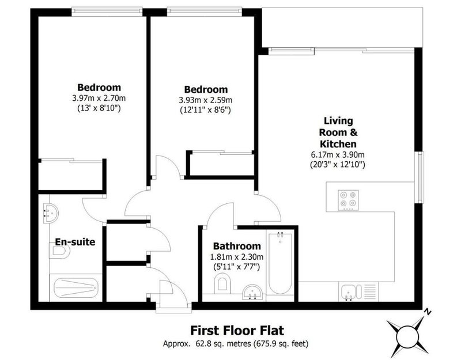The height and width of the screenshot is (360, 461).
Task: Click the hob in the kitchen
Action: tap(348, 200)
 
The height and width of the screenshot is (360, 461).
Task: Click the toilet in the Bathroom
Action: tap(222, 283)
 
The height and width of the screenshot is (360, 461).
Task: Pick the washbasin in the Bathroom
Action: tap(253, 292)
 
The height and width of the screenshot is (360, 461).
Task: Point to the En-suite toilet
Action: tap(60, 252)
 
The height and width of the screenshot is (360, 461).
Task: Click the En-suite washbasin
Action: tap(51, 213)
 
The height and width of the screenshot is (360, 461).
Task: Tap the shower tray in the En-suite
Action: tap(76, 287)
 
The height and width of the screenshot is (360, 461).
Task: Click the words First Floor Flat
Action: tap(237, 330)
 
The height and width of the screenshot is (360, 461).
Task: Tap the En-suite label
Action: tap(75, 242)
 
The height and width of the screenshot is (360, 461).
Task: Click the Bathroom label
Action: tap(237, 246)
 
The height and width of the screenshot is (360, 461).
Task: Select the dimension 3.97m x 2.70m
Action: tap(99, 98)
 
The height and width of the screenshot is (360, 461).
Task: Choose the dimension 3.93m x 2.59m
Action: tap(206, 100)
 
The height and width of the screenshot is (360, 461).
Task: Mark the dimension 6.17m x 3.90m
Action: tap(338, 154)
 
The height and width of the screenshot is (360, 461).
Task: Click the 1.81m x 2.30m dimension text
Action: tap(237, 257)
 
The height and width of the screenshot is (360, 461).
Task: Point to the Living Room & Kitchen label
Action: tap(338, 132)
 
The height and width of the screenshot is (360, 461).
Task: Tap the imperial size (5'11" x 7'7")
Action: tap(237, 267)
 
